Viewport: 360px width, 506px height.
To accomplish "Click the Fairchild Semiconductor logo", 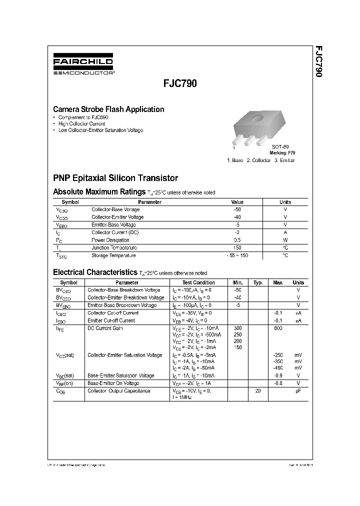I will click(83, 65).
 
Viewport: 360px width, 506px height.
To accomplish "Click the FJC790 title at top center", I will click(180, 84).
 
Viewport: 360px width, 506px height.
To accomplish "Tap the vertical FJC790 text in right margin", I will click(318, 62).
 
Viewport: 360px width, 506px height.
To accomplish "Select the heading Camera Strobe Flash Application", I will click(108, 109).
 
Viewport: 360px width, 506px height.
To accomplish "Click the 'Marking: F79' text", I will click(283, 152).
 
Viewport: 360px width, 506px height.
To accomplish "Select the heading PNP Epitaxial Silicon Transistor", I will click(115, 178).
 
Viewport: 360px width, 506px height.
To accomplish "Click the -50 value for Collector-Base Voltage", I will click(237, 209).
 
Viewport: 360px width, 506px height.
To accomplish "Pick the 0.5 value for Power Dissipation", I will click(237, 240).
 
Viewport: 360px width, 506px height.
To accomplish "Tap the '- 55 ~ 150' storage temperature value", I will click(237, 255).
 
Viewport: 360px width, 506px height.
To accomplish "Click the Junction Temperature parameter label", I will click(114, 248).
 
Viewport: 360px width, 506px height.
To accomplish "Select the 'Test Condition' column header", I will click(198, 282).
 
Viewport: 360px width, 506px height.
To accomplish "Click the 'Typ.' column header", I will click(258, 282).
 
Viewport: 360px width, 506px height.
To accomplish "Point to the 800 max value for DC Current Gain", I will click(278, 328).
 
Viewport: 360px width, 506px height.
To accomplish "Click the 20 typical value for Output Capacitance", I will click(258, 390).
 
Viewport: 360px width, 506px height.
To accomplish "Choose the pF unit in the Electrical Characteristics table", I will click(298, 390).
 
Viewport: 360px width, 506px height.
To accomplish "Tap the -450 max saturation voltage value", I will click(278, 367).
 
